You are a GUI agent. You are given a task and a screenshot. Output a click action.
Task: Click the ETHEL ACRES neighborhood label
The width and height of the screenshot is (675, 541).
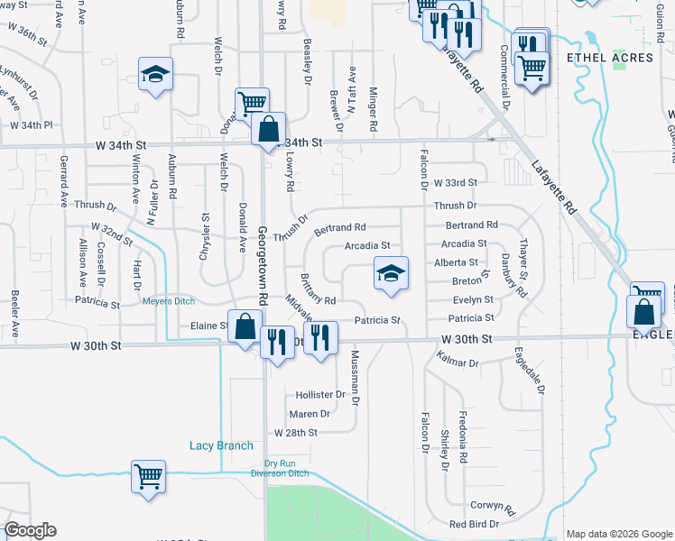point(609,58)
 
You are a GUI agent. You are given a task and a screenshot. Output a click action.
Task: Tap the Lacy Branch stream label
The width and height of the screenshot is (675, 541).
point(221,445)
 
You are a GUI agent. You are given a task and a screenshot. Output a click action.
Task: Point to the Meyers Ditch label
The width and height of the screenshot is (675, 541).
point(169,302)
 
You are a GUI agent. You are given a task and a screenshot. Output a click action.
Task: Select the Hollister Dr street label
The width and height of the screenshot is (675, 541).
point(320,395)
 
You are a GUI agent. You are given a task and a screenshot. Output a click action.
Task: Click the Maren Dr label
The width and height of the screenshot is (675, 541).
point(310,414)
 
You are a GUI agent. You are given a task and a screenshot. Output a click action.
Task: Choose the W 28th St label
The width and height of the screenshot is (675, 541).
point(296,433)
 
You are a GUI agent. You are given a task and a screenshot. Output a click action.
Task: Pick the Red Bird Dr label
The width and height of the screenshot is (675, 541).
point(475,524)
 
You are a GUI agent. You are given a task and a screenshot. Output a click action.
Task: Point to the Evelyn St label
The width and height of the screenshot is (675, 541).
point(473,299)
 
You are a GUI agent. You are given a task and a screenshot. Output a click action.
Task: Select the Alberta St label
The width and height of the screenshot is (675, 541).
point(456,261)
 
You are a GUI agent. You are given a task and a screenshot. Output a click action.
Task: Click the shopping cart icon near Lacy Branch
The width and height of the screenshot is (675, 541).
point(149,475)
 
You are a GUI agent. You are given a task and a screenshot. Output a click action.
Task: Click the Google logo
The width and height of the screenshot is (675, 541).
point(31,530)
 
